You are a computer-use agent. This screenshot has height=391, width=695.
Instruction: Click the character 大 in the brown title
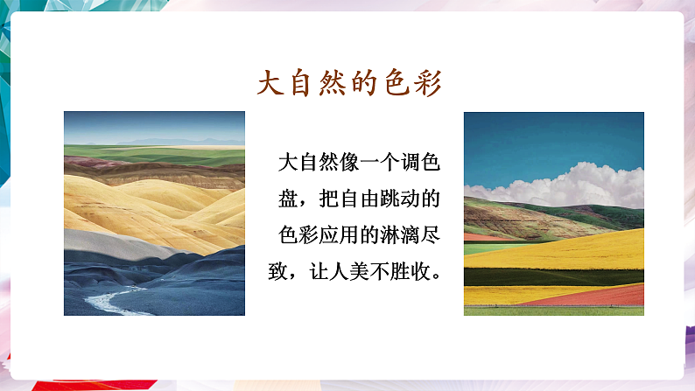click(x=270, y=83)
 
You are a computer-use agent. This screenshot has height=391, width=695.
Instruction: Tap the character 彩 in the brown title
click(x=429, y=83)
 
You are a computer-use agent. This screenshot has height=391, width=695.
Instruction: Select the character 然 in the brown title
click(x=333, y=83)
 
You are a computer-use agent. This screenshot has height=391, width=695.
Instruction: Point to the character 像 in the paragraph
click(x=349, y=162)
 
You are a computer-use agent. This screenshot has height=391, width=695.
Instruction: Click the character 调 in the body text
click(x=411, y=162)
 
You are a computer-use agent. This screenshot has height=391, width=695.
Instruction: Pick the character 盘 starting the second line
click(x=288, y=199)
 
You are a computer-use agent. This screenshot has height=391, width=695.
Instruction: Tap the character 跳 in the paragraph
click(x=390, y=199)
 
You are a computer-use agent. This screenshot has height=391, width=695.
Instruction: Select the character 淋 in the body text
click(x=390, y=234)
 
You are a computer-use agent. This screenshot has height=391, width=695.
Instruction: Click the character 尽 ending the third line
click(x=431, y=234)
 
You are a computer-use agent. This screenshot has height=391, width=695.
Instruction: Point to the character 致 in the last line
click(x=277, y=271)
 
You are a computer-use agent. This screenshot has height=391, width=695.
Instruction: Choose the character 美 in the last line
click(x=360, y=271)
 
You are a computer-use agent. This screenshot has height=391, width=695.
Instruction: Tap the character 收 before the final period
click(x=421, y=271)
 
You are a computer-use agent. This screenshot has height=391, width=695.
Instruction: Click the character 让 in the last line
click(x=319, y=271)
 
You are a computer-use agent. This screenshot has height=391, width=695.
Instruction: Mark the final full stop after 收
click(x=436, y=276)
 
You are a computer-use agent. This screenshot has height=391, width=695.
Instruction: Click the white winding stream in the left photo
click(x=111, y=301)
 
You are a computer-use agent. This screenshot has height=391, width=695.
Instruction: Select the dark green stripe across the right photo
click(x=553, y=277)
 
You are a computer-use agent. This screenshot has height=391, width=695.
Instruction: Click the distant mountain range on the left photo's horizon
click(x=178, y=142)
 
